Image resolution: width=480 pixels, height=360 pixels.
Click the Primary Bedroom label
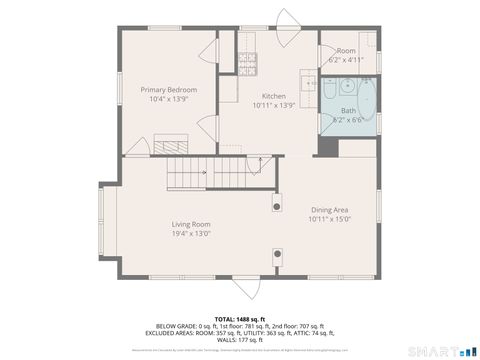tap(168, 90)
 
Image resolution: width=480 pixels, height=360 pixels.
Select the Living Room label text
tap(190, 224)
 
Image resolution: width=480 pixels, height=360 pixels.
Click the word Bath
tap(348, 110)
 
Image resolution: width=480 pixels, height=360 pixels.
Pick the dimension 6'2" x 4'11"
tap(346, 60)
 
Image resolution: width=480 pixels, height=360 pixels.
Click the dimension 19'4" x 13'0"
tap(190, 234)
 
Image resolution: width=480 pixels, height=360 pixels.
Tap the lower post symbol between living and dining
tap(276, 254)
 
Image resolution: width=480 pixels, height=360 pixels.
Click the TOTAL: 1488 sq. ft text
tap(240, 317)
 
